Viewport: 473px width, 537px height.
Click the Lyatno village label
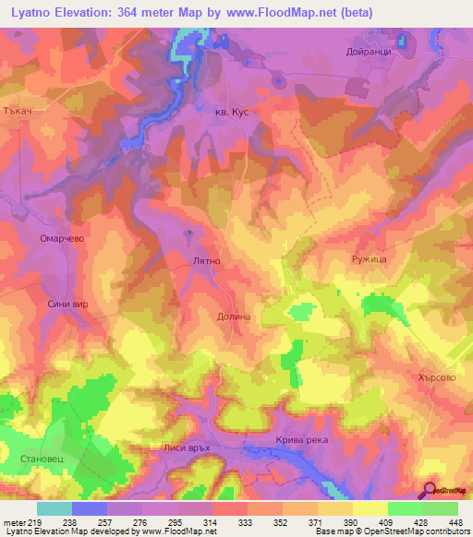(x=205, y=262)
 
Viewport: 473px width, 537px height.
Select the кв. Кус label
(x=226, y=111)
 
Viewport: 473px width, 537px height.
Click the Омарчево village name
(x=63, y=237)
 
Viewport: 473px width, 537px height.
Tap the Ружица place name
(x=367, y=261)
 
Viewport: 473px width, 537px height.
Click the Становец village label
(x=39, y=458)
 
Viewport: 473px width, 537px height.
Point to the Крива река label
(x=301, y=440)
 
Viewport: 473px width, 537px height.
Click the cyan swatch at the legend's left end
(x=55, y=508)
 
